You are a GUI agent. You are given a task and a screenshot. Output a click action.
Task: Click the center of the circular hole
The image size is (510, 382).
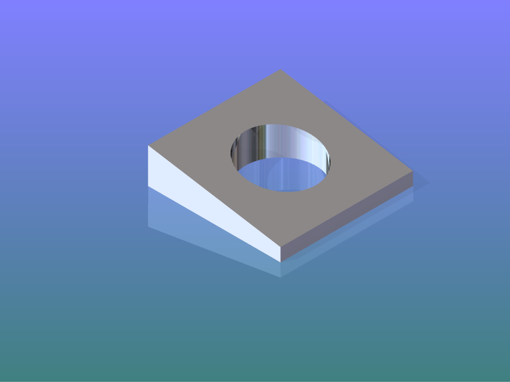[280, 158]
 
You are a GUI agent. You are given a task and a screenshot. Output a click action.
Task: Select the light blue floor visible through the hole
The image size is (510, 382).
[285, 176]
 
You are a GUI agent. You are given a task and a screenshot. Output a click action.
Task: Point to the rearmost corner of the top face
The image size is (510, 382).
[280, 70]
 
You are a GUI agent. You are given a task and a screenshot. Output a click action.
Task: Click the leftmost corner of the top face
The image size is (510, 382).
[148, 146]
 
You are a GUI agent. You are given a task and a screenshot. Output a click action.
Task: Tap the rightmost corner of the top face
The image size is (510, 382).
[413, 171]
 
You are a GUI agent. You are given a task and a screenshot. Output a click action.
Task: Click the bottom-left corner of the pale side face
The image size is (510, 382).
[148, 187]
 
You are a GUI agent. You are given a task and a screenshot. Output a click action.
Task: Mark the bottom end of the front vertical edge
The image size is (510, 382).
[281, 261]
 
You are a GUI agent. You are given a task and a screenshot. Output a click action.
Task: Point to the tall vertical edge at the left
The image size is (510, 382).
[148, 167]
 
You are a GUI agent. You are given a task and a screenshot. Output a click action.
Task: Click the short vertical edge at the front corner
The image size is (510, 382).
[281, 254]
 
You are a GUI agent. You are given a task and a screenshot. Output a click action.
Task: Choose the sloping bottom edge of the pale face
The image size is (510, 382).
[215, 224]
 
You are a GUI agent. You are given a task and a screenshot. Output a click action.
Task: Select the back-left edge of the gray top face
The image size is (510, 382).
[214, 107]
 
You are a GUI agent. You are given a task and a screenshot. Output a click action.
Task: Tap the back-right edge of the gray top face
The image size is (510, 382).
[347, 121]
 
